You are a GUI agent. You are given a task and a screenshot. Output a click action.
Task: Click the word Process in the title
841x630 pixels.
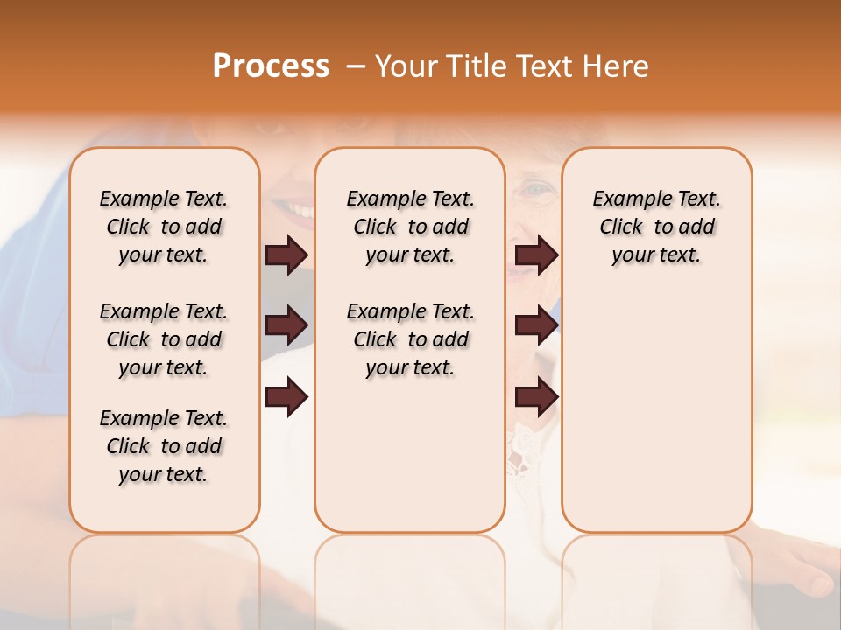click(x=271, y=66)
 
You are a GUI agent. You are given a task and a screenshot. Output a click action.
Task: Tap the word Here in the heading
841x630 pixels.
click(x=617, y=66)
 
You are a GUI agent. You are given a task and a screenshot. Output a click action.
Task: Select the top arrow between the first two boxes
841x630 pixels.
click(x=286, y=255)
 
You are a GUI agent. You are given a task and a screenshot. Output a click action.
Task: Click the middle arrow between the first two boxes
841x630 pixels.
click(x=286, y=326)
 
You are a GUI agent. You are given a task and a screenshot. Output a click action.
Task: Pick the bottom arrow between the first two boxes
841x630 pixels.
click(x=286, y=398)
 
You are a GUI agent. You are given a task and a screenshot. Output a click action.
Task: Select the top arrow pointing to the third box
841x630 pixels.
click(x=536, y=255)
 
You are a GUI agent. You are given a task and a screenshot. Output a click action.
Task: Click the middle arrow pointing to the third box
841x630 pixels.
click(x=536, y=326)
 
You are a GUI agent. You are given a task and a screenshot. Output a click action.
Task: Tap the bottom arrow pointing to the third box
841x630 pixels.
click(x=536, y=398)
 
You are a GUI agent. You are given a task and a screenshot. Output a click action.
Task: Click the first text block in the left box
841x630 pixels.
click(x=164, y=227)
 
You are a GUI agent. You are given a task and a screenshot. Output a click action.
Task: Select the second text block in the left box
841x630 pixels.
click(x=164, y=339)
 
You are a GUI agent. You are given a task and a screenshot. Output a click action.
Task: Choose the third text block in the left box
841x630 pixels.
click(x=164, y=446)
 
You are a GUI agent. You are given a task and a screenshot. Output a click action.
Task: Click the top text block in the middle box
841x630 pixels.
click(x=410, y=227)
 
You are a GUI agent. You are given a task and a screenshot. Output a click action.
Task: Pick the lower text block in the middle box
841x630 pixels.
click(x=410, y=339)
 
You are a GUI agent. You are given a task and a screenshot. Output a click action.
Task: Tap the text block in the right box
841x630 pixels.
click(x=656, y=227)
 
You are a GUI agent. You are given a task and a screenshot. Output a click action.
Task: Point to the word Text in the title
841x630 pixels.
click(x=548, y=66)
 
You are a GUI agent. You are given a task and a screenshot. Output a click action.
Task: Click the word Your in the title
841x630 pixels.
click(x=406, y=66)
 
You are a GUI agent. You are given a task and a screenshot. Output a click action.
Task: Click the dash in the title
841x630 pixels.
click(x=355, y=66)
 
